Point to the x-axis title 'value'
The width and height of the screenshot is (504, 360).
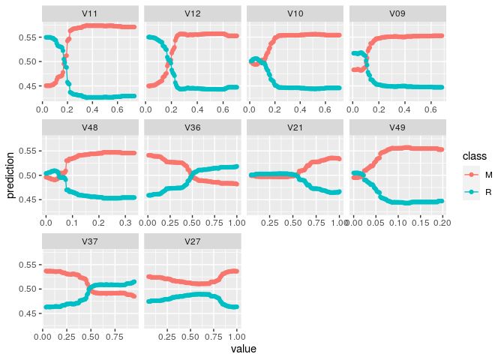pos(243,349)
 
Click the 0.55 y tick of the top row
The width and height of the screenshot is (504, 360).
pos(27,37)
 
